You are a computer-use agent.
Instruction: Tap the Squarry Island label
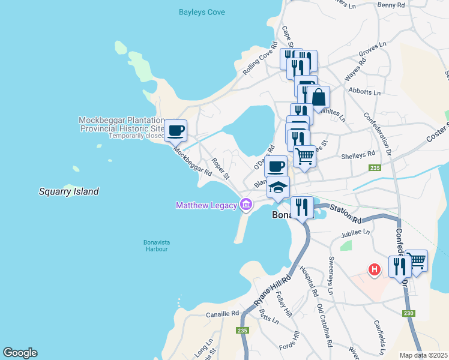pyautogui.click(x=69, y=192)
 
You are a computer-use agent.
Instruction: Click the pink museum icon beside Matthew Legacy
pyautogui.click(x=246, y=206)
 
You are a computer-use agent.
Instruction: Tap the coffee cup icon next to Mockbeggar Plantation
pyautogui.click(x=176, y=130)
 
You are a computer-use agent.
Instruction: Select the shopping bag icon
pyautogui.click(x=319, y=97)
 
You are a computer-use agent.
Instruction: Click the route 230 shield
pyautogui.click(x=409, y=313)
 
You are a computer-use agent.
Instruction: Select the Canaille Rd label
pyautogui.click(x=222, y=313)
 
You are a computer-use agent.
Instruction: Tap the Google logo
pyautogui.click(x=20, y=353)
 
